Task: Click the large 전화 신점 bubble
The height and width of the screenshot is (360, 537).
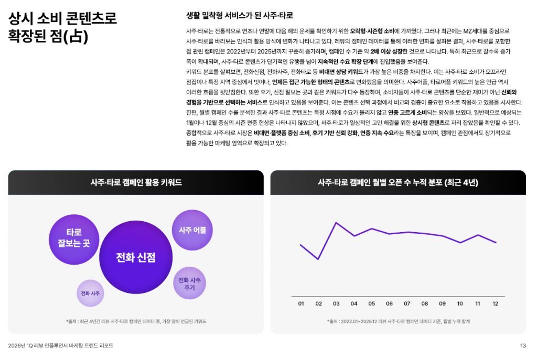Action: point(136,257)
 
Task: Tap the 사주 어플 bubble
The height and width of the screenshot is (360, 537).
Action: point(192,230)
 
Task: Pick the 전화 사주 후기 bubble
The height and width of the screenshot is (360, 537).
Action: point(189,283)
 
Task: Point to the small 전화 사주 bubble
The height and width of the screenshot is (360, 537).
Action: point(91,293)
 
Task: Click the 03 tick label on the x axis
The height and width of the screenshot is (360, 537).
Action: point(336,303)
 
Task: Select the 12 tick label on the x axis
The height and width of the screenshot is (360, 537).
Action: point(496,303)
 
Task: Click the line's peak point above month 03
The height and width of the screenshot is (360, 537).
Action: point(336,223)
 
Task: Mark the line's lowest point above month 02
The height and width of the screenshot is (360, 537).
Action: point(318,259)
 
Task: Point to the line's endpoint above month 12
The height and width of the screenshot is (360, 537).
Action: point(496,243)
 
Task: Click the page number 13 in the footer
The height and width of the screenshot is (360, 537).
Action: point(523,346)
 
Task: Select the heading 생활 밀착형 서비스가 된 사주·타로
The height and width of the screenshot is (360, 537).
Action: point(240,15)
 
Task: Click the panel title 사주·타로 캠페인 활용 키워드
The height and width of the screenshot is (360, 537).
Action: point(136,183)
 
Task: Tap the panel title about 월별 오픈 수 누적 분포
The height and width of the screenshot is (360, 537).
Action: point(398,183)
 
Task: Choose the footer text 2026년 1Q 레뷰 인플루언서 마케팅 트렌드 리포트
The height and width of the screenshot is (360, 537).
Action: point(61,346)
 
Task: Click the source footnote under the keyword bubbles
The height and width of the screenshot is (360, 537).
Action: point(136,321)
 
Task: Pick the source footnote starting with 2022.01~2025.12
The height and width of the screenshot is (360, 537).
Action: point(398,321)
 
